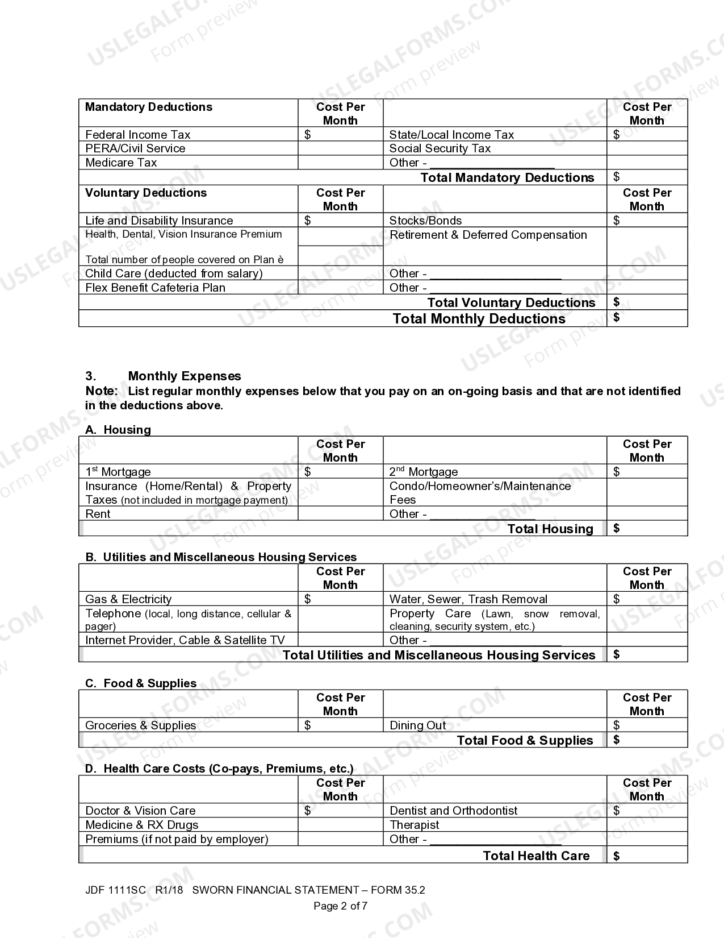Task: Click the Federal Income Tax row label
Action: pos(137,135)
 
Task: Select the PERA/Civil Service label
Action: pos(135,148)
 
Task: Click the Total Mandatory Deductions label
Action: pos(507,178)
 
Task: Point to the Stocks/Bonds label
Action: pos(425,221)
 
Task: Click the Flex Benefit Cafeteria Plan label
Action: pos(155,288)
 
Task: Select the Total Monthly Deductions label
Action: pos(479,319)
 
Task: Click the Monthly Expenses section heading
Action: pos(184,376)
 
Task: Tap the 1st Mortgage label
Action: pos(118,472)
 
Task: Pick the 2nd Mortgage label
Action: pos(423,472)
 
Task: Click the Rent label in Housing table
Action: pos(98,514)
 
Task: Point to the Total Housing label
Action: pos(550,529)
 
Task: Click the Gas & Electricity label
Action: pos(128,599)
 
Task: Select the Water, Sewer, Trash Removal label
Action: pos(468,599)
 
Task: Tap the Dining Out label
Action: pos(417,725)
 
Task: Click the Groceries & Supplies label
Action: pos(140,725)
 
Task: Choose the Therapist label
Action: pos(415,825)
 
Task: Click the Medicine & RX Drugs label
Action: pos(141,825)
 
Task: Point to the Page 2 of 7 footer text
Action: pos(340,906)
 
